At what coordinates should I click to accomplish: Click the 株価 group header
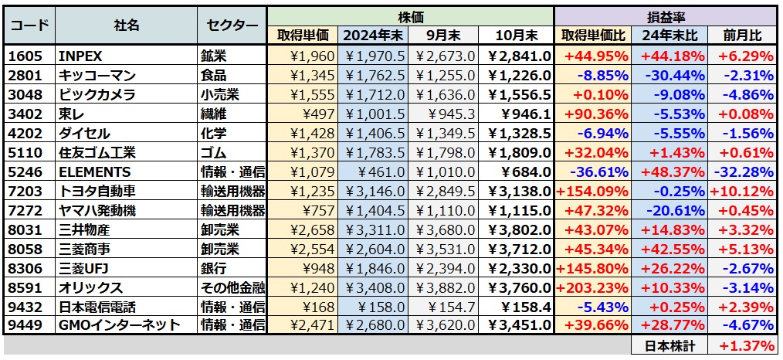tap(410, 16)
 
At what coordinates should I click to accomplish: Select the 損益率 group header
tap(666, 16)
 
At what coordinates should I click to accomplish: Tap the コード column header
tap(29, 25)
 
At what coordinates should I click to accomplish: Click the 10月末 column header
tap(515, 36)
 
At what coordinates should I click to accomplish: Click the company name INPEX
tap(80, 56)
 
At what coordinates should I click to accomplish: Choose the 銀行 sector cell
tap(213, 268)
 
